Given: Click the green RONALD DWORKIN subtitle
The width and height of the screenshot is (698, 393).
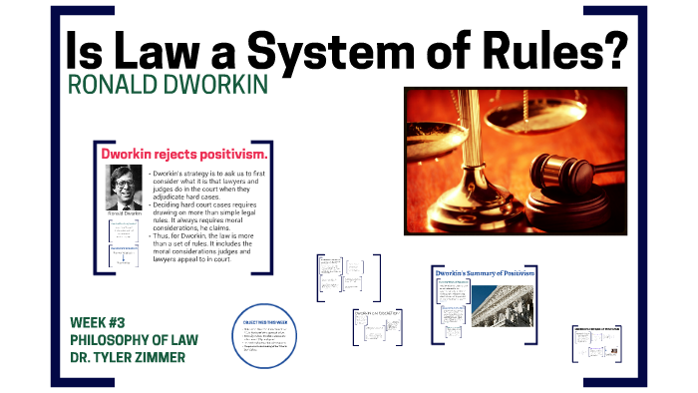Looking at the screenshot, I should point(169,85).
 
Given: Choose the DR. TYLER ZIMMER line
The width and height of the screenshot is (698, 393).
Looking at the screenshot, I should point(128,356).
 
